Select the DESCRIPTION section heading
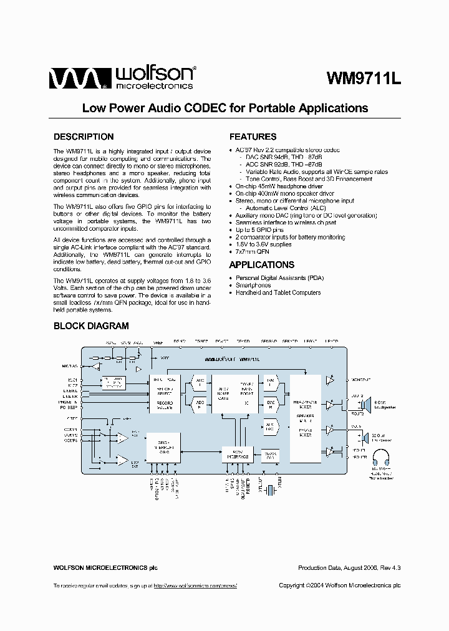click(84, 137)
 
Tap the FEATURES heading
click(253, 137)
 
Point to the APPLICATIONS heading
click(262, 264)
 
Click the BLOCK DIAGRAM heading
click(91, 325)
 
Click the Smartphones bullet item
click(253, 285)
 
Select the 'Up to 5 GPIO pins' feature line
click(259, 230)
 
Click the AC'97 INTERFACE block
click(237, 455)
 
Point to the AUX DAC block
click(270, 427)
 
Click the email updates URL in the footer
click(195, 585)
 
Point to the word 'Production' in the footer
click(312, 567)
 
